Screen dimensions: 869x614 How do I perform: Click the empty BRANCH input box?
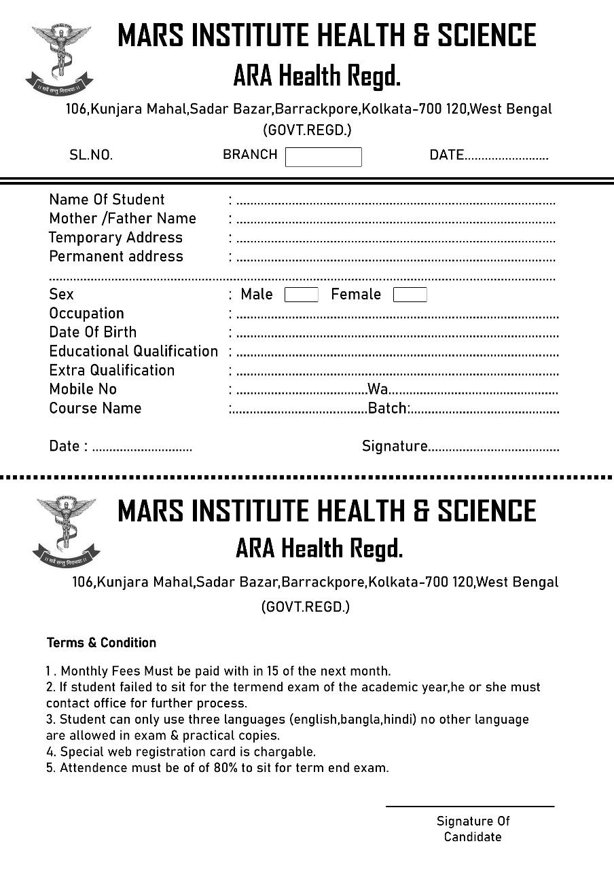click(x=323, y=157)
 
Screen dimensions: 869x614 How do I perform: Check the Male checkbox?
click(x=301, y=295)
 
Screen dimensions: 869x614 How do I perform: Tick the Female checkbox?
click(x=410, y=295)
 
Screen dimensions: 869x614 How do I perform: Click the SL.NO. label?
click(x=91, y=155)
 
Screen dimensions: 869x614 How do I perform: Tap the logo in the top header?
click(x=59, y=58)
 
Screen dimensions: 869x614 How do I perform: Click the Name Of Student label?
click(x=107, y=200)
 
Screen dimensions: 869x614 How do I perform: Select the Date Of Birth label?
click(x=92, y=333)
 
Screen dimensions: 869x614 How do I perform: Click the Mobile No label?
click(x=83, y=390)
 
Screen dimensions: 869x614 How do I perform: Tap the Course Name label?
click(x=95, y=409)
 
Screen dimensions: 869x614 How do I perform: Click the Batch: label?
click(x=388, y=409)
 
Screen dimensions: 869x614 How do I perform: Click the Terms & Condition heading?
click(x=101, y=643)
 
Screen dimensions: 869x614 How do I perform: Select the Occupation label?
click(x=86, y=314)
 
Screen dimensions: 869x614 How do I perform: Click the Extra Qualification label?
click(x=111, y=371)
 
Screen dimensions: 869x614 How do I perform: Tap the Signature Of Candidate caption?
click(x=473, y=829)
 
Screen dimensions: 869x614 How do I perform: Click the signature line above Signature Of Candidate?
click(x=470, y=807)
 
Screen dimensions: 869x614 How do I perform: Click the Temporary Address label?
click(x=115, y=238)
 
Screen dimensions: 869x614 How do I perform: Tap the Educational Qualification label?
click(x=133, y=352)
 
